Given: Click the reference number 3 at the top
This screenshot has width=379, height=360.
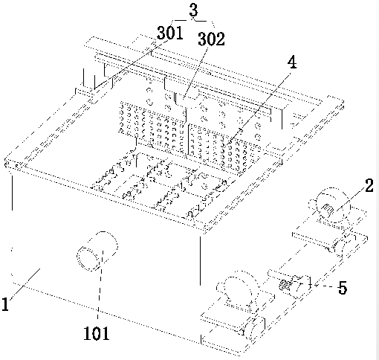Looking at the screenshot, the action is coord(194,10).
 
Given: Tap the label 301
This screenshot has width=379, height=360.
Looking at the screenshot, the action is coord(170,33).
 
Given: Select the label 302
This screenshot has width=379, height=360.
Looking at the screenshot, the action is coord(211,39).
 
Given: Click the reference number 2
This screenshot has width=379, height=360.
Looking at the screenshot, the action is coord(369,186).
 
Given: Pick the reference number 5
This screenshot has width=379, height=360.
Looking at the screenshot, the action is coord(343,288).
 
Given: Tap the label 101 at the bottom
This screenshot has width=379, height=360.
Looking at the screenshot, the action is coord(97,333).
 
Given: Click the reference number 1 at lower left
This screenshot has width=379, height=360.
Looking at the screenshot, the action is coord(5,304).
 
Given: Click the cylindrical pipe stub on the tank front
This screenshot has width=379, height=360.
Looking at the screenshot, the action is coord(97,251).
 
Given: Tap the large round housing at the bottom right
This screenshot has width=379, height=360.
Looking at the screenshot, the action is coord(238,290).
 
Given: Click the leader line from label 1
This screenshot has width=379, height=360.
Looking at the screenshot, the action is coord(25,285).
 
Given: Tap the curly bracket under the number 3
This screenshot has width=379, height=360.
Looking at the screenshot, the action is coord(193,22).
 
